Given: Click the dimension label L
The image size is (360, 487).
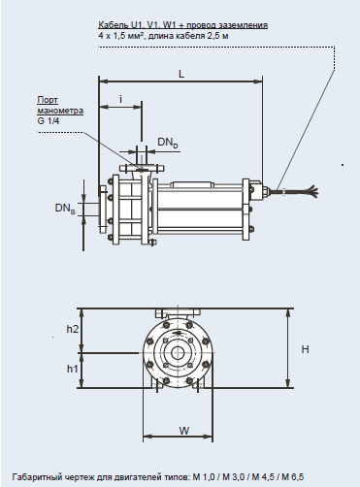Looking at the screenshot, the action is [181, 74].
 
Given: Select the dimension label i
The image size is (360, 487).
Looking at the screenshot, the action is [120, 99].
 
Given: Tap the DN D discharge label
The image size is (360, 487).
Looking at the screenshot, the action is [168, 143].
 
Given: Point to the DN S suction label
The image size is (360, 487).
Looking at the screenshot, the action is [65, 209].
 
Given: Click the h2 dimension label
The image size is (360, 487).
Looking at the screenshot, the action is [73, 329].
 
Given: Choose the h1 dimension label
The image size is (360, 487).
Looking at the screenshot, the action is [73, 369].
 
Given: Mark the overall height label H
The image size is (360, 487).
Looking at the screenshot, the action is [305, 349].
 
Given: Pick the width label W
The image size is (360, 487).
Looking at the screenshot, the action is [184, 431].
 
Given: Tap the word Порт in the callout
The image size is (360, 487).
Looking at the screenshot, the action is [48, 100].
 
